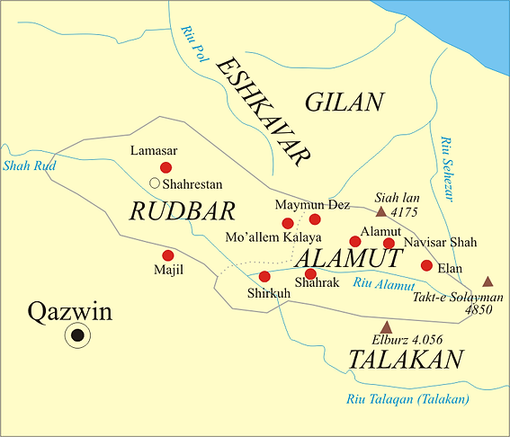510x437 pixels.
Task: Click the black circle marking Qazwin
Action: (x=78, y=335)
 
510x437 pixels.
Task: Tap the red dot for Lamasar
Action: (x=166, y=167)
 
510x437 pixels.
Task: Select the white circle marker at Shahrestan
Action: (x=155, y=183)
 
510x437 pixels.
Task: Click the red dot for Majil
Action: (x=167, y=255)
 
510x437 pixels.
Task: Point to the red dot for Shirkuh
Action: (x=264, y=276)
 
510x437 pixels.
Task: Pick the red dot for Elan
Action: (x=426, y=265)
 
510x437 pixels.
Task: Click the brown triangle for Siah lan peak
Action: (x=380, y=212)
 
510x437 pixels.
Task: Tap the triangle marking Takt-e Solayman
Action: (x=488, y=281)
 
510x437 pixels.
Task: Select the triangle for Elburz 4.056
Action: (x=387, y=326)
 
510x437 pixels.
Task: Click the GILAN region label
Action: (x=344, y=103)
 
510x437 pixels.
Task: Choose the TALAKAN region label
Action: (x=406, y=361)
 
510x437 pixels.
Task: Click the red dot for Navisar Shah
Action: (x=389, y=243)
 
